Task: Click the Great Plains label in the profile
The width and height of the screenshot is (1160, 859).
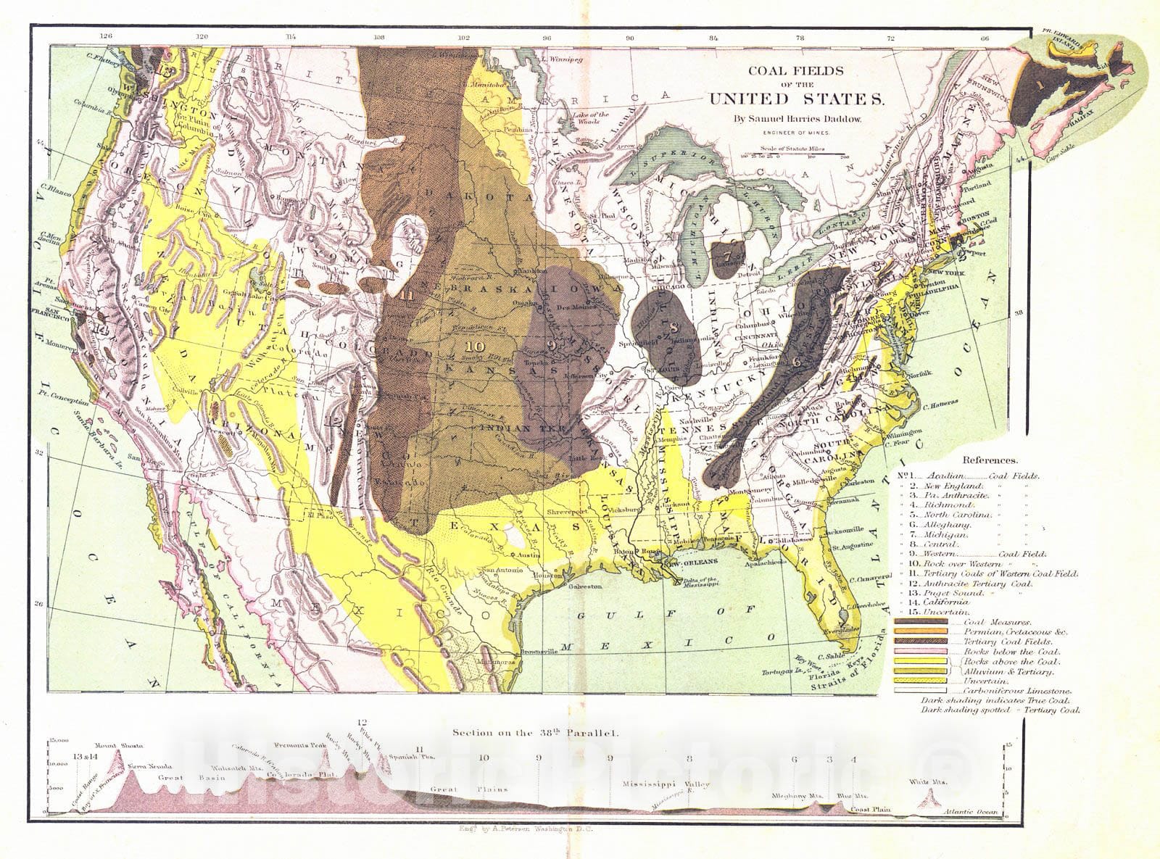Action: coord(468,789)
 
